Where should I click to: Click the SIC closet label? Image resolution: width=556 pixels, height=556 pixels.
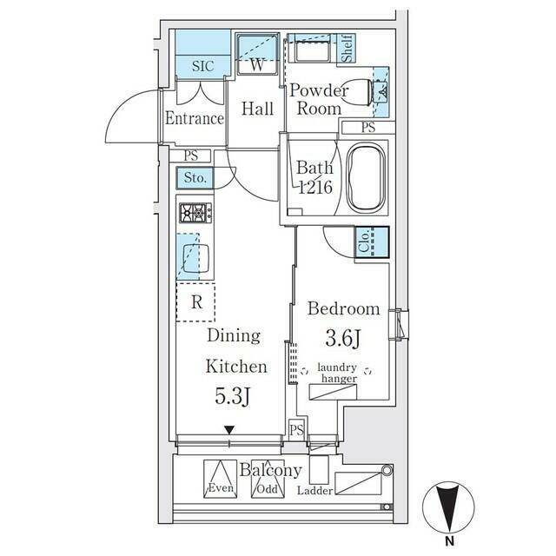point(203,66)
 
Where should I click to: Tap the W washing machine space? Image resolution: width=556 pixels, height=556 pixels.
point(257,55)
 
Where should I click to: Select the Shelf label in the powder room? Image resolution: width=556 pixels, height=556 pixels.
point(347,49)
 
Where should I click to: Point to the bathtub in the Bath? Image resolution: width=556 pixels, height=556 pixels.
point(366,178)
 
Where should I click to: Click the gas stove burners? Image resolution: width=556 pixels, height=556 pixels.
point(195,213)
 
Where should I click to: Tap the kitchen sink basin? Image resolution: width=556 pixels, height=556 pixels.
point(195,258)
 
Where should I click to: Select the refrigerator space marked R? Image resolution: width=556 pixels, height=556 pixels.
point(195,302)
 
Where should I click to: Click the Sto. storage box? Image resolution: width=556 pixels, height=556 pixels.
point(195,177)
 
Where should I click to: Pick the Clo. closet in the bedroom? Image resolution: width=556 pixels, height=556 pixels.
point(373,242)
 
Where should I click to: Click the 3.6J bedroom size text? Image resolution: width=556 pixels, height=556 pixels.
point(343,338)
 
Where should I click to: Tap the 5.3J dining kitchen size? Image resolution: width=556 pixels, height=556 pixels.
point(233,396)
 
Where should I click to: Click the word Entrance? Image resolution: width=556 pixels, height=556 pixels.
point(195,118)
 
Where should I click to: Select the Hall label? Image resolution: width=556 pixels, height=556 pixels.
point(257,109)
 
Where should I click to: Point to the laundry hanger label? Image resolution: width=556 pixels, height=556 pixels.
point(337,373)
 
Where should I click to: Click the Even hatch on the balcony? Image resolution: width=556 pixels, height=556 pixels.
point(220,479)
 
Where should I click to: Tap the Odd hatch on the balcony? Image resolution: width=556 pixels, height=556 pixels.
point(268,480)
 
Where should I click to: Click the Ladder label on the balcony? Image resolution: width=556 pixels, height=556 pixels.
point(314,491)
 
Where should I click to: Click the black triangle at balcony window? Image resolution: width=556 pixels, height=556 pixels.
point(229,430)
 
